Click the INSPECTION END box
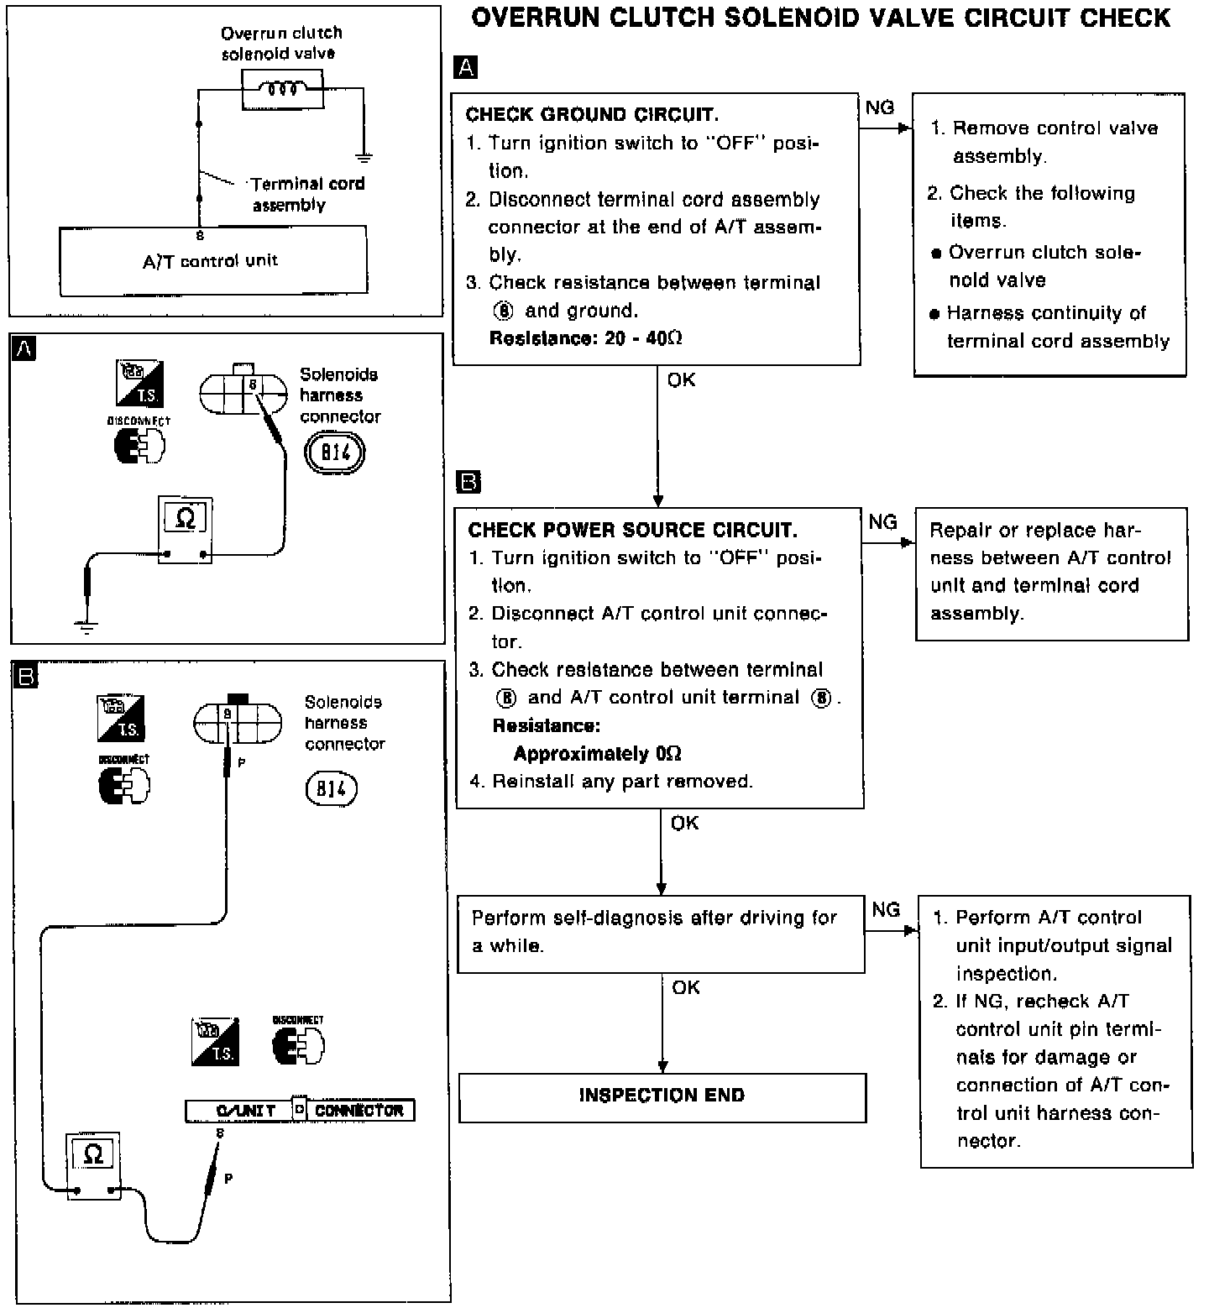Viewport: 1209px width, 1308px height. point(662,1096)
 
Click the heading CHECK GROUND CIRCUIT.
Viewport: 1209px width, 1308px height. point(592,115)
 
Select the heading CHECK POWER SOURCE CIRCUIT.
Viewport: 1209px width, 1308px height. point(632,530)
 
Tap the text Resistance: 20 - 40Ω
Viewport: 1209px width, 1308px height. point(585,338)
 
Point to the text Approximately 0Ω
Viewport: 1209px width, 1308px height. point(597,753)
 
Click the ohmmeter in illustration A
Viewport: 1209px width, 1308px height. point(186,531)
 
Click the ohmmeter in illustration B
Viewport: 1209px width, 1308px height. point(94,1165)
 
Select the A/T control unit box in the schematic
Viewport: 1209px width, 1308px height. point(213,261)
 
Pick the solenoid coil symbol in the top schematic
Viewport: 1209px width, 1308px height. point(282,89)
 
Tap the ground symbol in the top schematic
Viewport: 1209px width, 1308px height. point(364,156)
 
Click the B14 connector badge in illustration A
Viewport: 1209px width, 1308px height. point(334,453)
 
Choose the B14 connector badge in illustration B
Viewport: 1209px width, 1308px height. point(332,789)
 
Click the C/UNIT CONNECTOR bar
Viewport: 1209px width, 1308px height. point(300,1110)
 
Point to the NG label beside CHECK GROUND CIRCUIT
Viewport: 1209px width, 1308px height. point(879,107)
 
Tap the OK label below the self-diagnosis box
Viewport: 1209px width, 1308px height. point(685,987)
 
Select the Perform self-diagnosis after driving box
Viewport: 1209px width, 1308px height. point(660,932)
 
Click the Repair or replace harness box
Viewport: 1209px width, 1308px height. point(1051,573)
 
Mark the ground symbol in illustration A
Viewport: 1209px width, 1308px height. point(86,625)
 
